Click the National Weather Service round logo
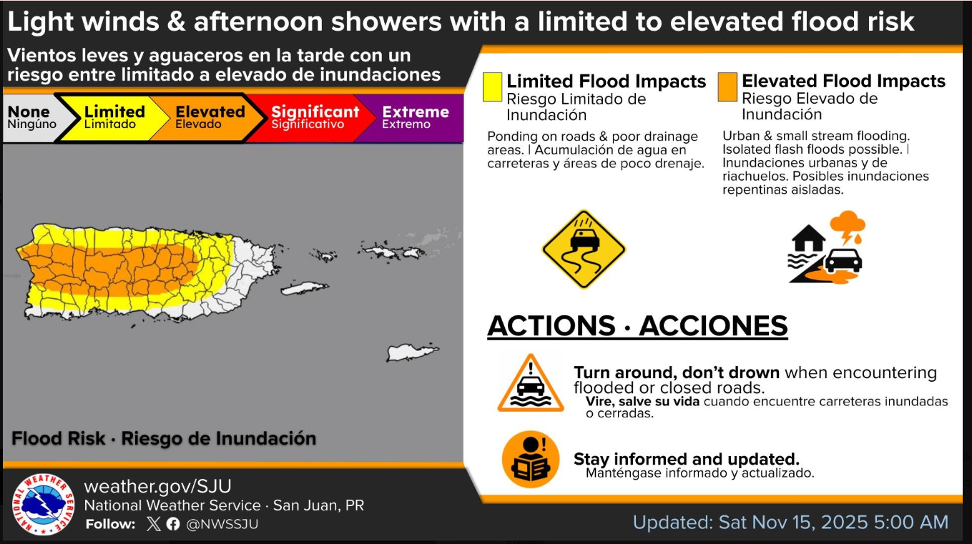tap(44, 504)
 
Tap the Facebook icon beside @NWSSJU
tap(172, 524)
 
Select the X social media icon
tap(153, 524)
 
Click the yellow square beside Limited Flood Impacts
tap(493, 87)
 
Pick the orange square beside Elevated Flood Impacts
tap(727, 86)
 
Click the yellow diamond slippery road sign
tap(584, 249)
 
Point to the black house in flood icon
tap(808, 238)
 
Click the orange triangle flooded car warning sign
tap(530, 383)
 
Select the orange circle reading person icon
tap(531, 460)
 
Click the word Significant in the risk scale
tap(315, 112)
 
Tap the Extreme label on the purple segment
tap(416, 112)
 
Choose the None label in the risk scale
tap(29, 112)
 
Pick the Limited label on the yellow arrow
tap(114, 112)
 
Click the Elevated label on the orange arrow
tap(210, 112)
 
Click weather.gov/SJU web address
tap(157, 486)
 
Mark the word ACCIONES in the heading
tap(713, 326)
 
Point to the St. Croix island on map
tap(412, 352)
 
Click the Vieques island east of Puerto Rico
tap(305, 288)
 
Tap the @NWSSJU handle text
tap(222, 524)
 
